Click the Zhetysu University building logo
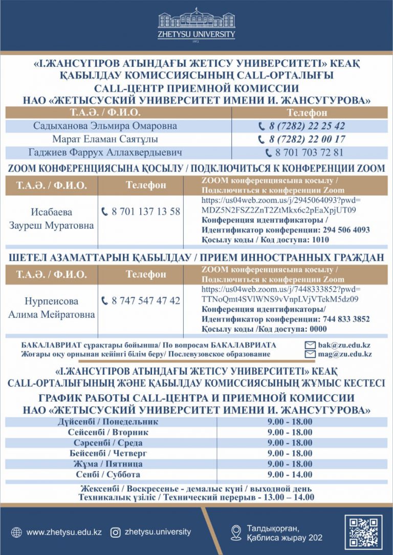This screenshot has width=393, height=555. (196, 19)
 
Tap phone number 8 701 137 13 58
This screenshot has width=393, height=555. (146, 211)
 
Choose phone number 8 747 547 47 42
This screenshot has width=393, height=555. (146, 300)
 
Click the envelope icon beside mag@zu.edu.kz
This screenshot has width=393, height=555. (310, 354)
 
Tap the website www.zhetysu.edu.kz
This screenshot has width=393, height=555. (64, 532)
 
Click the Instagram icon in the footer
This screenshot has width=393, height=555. (116, 532)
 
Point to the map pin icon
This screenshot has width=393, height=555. (236, 532)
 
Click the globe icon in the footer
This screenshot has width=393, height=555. (16, 532)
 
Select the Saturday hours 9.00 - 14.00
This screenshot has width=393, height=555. (290, 475)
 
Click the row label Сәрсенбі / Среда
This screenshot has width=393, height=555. (107, 443)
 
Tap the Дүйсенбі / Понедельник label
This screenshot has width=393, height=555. (107, 422)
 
